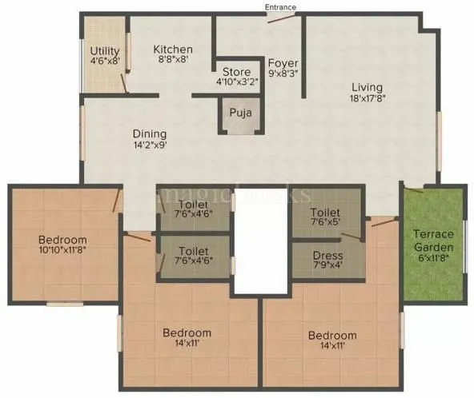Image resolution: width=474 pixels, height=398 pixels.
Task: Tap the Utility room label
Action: (105, 50)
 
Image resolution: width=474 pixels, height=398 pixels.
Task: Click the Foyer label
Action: (283, 62)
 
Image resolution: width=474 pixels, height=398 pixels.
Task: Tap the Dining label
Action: (150, 133)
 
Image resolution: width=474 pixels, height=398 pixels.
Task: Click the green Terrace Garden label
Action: (433, 241)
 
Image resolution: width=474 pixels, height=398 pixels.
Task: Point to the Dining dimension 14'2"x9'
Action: (150, 145)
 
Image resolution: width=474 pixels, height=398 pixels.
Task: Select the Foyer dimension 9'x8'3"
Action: (283, 74)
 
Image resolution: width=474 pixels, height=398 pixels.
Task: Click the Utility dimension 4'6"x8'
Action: (105, 61)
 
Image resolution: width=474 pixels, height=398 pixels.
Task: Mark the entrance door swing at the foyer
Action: (279, 18)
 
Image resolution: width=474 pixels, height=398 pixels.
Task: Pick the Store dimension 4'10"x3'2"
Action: (237, 80)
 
